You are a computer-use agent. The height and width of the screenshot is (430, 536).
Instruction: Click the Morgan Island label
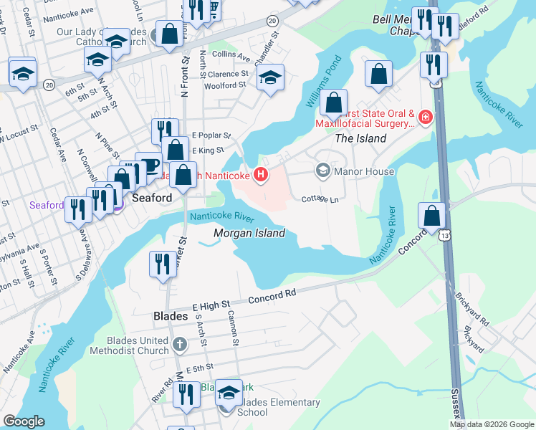point(249,233)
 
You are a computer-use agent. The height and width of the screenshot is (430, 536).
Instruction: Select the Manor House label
point(365,171)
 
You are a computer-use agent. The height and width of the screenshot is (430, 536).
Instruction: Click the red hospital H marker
point(262,173)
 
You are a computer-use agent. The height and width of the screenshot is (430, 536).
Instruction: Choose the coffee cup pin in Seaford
point(148,164)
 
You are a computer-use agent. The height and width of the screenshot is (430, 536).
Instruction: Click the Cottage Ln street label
point(320,199)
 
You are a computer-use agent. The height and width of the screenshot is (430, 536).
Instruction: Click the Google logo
point(24,421)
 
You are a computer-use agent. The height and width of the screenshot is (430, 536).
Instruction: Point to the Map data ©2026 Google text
point(492,424)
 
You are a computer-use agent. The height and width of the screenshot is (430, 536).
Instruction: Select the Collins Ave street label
point(231,57)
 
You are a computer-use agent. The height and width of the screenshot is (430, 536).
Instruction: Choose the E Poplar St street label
point(211,135)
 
